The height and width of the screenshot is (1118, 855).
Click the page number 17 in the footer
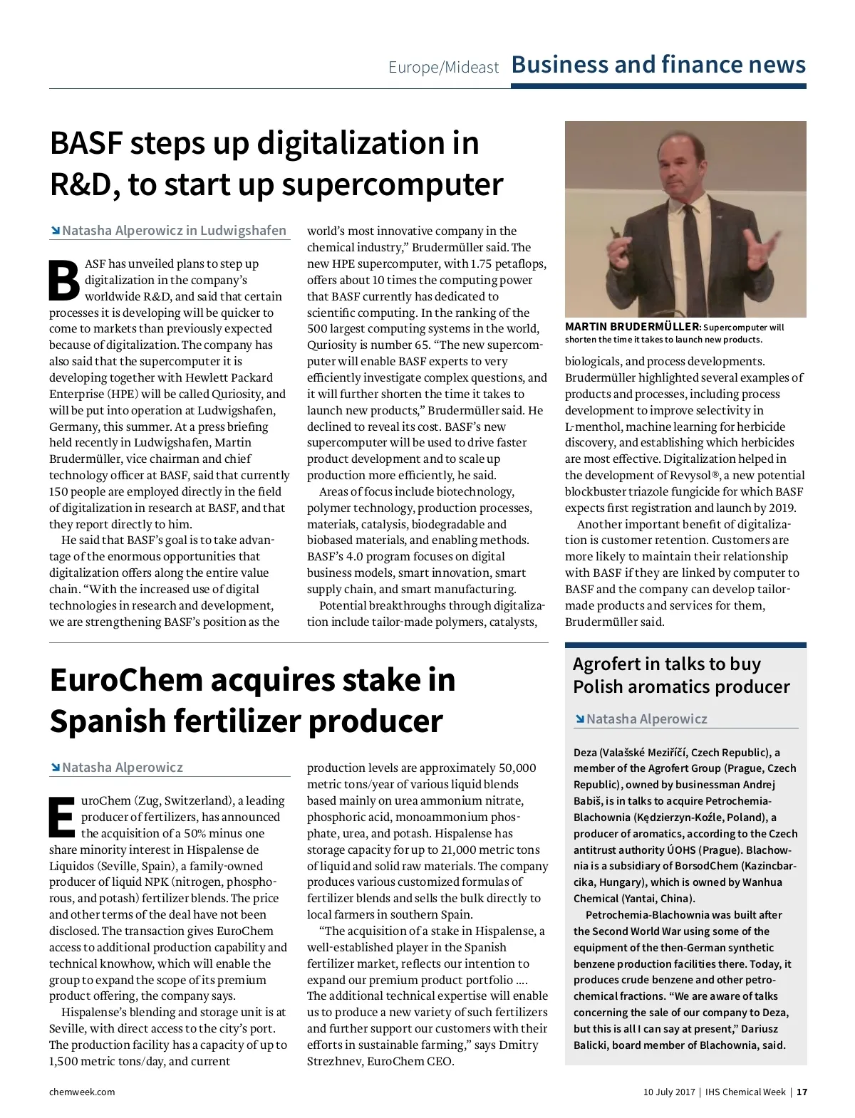point(802,1092)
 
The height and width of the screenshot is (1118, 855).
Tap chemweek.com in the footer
point(82,1092)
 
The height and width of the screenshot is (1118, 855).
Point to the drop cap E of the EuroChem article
point(62,817)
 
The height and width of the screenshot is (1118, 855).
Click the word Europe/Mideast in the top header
point(443,68)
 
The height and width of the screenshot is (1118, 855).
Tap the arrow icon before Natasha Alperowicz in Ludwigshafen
point(55,231)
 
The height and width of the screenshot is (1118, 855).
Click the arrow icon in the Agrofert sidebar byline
point(579,719)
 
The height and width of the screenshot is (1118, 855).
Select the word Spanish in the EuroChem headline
point(107,721)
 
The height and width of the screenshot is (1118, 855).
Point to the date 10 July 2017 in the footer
point(668,1092)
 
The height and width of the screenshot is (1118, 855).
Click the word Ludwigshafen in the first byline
point(243,231)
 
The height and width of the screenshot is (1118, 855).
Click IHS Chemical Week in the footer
point(745,1092)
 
